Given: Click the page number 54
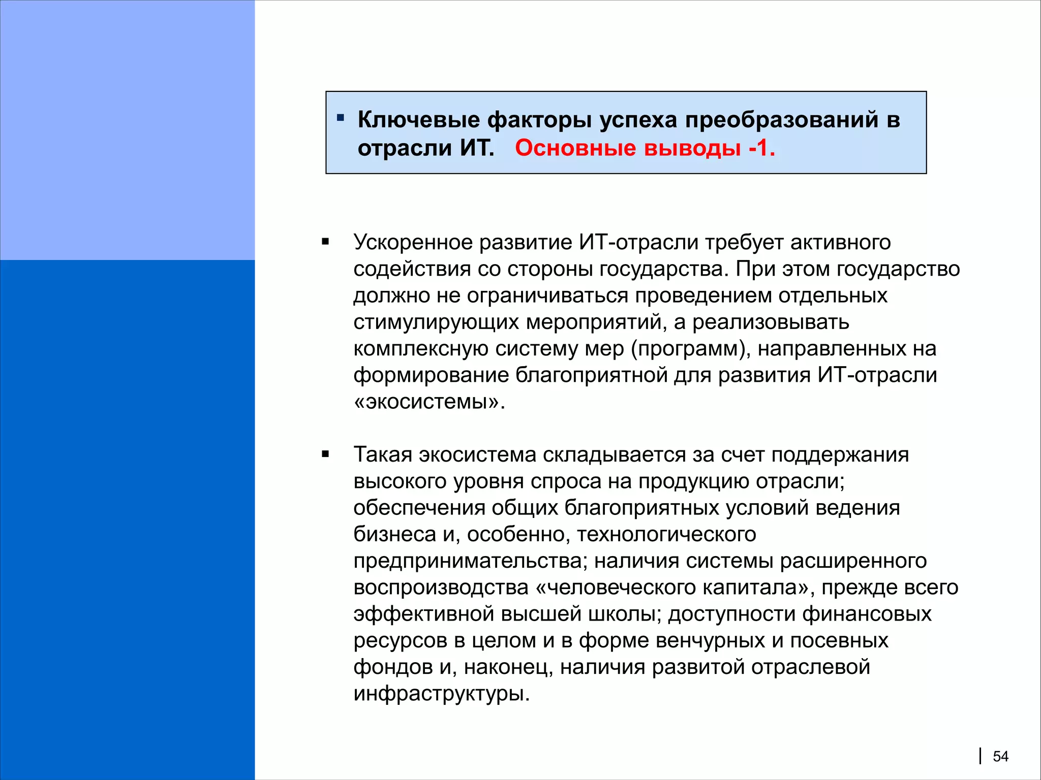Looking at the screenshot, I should click(x=1000, y=757).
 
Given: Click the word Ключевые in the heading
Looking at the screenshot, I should click(x=418, y=120).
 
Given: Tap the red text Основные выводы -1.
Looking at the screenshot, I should click(x=645, y=148).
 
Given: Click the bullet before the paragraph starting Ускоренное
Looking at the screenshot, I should click(x=325, y=242).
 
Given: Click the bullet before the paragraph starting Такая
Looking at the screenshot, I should click(x=325, y=454).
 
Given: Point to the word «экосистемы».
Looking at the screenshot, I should click(x=428, y=402).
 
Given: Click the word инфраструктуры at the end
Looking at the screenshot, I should click(x=441, y=694).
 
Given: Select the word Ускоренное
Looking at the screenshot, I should click(x=413, y=243).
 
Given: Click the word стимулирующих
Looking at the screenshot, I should click(x=436, y=322).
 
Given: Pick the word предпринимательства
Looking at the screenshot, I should click(x=470, y=561).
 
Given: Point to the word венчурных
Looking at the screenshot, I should click(x=710, y=641).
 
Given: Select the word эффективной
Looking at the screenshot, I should click(x=424, y=614).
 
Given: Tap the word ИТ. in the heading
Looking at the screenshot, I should click(x=477, y=148).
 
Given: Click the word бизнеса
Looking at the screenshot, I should click(x=395, y=535).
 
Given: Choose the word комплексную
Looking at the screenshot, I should click(x=421, y=349).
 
